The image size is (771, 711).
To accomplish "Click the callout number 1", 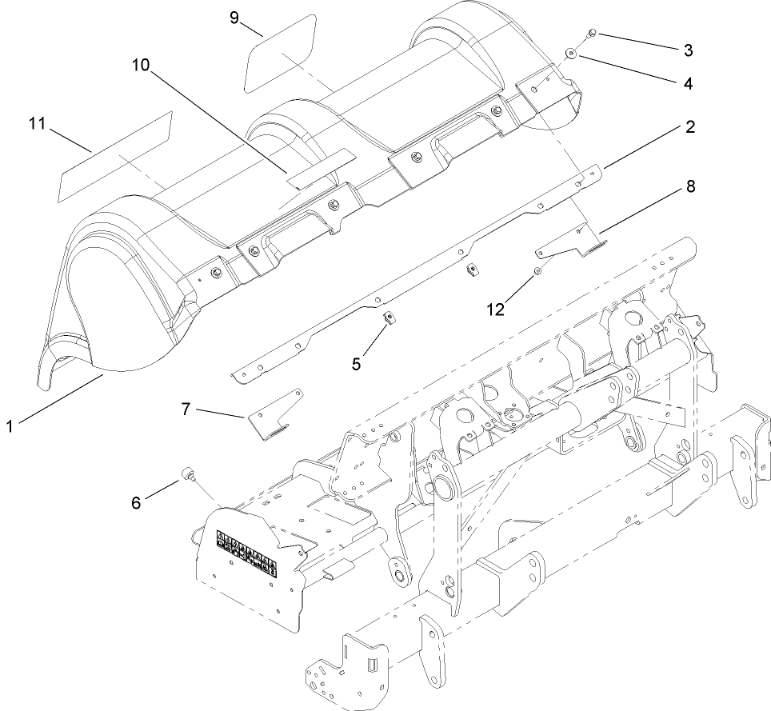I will click(x=9, y=426).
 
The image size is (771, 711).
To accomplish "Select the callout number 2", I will click(x=689, y=127).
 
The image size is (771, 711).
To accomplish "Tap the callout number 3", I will click(x=688, y=50).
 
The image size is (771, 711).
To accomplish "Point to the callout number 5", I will click(x=357, y=362).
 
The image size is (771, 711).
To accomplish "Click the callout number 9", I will click(x=234, y=17).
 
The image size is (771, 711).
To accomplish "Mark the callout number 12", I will click(x=495, y=308).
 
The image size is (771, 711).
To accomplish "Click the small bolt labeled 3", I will click(x=591, y=32).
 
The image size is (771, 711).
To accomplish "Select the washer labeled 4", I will click(x=572, y=54).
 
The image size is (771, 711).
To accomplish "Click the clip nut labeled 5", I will click(x=387, y=318).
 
